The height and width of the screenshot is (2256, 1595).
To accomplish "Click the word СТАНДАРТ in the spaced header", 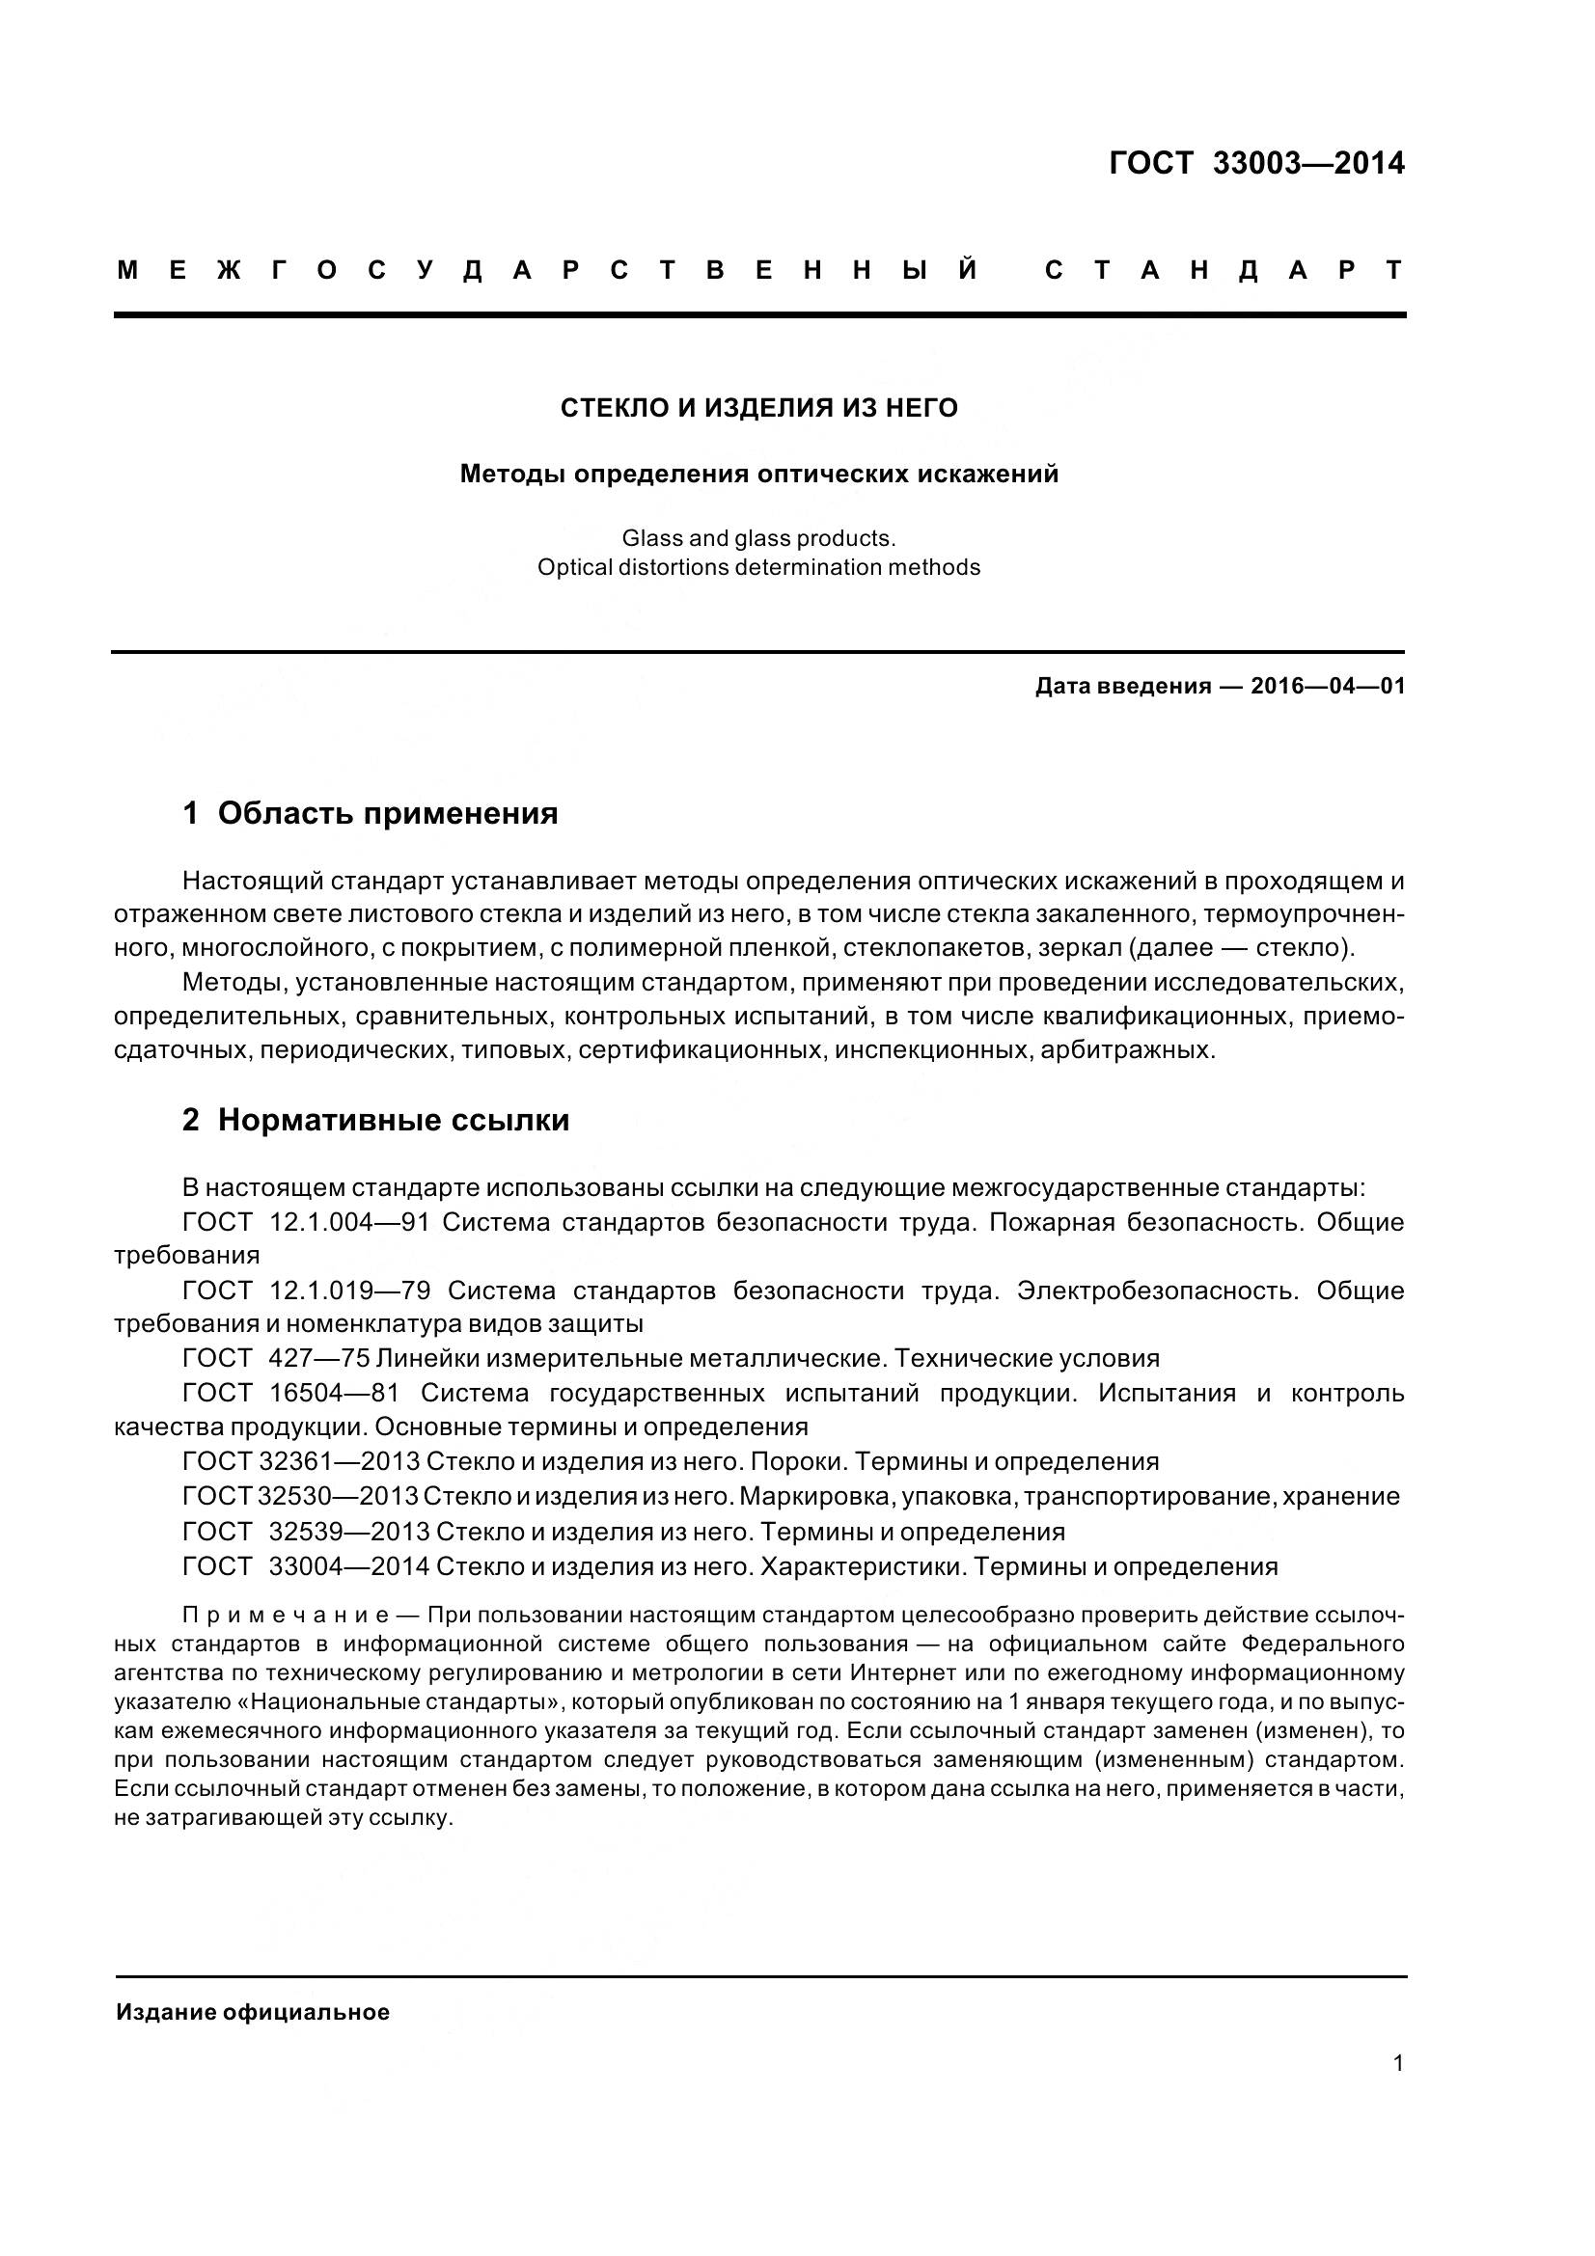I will coord(1223,270).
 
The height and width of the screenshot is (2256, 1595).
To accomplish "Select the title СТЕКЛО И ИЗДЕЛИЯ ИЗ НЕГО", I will coord(758,408).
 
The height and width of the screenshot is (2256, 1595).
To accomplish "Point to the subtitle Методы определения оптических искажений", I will coord(758,475).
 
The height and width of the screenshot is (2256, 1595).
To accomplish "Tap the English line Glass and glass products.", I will coord(757,538).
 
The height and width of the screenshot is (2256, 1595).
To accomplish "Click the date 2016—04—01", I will coord(1327,686).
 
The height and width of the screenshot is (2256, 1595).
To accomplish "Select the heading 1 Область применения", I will coord(370,814).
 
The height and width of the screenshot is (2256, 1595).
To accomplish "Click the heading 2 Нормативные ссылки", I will coord(375,1120).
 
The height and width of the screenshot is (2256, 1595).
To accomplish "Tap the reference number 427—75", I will coord(318,1358).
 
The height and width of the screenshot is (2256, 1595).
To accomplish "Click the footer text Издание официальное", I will coord(253,2012).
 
